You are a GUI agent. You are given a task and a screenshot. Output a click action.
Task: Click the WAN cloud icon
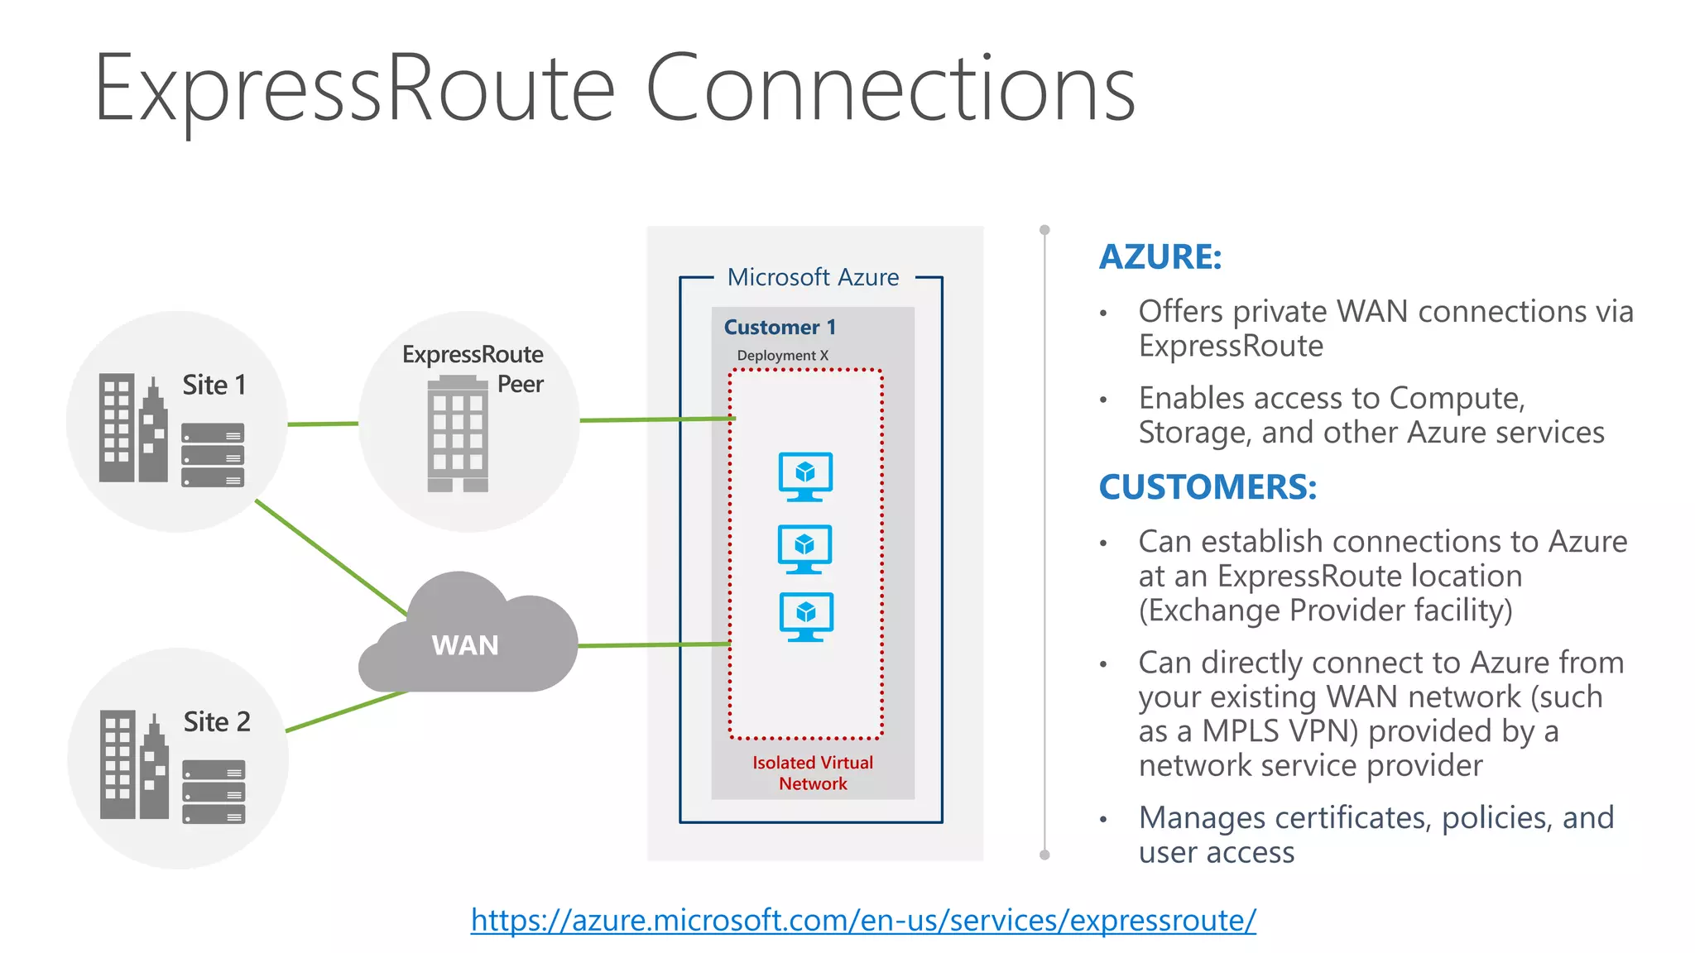pos(468,637)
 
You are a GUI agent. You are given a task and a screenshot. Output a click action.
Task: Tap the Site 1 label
pos(214,386)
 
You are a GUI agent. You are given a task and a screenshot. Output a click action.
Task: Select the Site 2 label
pos(217,722)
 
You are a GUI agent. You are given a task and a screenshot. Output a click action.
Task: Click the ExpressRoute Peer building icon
pos(458,434)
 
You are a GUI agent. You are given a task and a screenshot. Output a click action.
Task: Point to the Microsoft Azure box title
pos(813,277)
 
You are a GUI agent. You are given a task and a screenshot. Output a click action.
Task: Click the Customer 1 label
pos(780,328)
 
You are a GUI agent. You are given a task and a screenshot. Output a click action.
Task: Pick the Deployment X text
pos(782,356)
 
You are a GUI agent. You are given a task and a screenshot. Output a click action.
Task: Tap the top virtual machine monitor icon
pos(805,476)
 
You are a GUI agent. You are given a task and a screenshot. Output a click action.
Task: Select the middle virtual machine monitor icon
pos(804,548)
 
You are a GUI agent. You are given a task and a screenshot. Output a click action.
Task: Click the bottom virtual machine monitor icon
pos(806,616)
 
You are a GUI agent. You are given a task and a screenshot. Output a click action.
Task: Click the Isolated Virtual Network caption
pos(813,773)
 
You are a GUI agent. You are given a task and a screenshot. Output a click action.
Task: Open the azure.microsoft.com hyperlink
pos(863,920)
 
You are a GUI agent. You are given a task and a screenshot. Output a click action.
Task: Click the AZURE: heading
pos(1160,256)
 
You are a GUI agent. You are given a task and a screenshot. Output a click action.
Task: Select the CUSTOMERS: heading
pos(1208,486)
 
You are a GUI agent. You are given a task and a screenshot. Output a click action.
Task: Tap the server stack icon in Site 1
pos(213,455)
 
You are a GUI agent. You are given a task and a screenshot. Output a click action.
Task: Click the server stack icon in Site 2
pos(214,792)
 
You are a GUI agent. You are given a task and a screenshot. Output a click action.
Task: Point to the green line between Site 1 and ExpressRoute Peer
pos(323,424)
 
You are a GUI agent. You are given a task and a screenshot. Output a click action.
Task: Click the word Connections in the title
pos(890,89)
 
